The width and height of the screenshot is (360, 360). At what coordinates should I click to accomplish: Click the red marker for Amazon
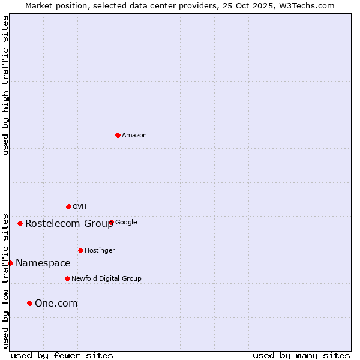[118, 135]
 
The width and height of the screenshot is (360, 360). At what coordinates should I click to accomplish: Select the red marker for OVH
[68, 206]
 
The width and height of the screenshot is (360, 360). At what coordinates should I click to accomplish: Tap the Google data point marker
[111, 222]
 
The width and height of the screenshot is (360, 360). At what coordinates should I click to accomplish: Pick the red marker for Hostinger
[80, 250]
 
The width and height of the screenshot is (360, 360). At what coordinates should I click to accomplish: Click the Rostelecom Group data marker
[20, 223]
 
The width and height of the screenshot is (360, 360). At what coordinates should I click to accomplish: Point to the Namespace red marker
[10, 263]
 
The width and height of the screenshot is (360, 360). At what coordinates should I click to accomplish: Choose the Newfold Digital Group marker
[67, 278]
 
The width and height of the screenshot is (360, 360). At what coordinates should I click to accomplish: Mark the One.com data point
[29, 303]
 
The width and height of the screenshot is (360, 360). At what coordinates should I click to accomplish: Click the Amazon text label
[134, 136]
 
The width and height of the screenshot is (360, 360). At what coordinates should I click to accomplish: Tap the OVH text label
[80, 207]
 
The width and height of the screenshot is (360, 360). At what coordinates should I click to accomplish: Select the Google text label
[126, 223]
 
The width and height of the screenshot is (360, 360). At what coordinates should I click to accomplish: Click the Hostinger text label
[100, 251]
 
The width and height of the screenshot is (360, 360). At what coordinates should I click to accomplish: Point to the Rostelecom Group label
[69, 224]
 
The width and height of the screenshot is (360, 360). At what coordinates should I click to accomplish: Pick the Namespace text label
[43, 263]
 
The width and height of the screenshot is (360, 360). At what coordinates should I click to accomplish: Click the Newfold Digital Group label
[106, 279]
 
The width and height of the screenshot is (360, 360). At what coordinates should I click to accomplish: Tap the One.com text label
[56, 304]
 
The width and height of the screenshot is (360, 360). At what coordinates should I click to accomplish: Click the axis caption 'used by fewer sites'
[62, 356]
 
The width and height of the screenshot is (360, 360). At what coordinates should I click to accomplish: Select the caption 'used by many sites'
[301, 356]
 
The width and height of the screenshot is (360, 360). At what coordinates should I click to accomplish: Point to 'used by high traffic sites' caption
[5, 85]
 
